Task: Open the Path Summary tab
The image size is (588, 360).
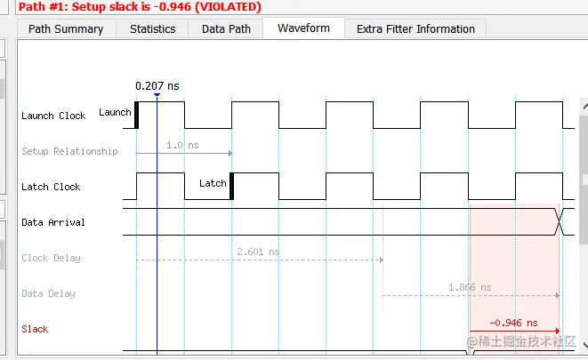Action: click(x=66, y=28)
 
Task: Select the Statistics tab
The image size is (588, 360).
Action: click(x=153, y=28)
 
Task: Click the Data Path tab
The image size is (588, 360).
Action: click(x=226, y=28)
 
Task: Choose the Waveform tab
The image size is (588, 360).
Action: click(x=303, y=28)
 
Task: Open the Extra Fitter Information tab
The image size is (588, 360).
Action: click(x=415, y=28)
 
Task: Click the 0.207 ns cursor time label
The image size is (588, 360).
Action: click(x=157, y=86)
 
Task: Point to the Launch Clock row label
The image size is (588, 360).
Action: click(x=53, y=116)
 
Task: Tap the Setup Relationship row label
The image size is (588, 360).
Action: click(x=69, y=151)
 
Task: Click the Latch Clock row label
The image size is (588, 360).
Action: click(x=51, y=187)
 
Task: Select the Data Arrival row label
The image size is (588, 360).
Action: click(x=53, y=222)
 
